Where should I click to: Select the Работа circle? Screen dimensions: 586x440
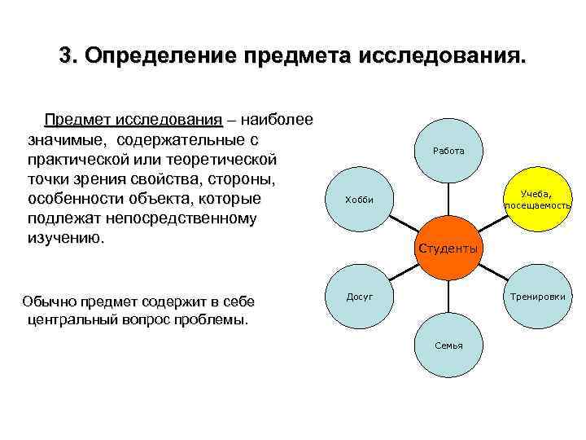448,151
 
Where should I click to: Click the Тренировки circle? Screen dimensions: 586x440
537,297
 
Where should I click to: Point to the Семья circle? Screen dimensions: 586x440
448,345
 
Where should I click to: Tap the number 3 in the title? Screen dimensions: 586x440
65,56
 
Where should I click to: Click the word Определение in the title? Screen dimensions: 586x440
155,56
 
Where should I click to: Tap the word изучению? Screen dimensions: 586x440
65,238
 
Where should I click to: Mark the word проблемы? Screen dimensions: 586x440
213,319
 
